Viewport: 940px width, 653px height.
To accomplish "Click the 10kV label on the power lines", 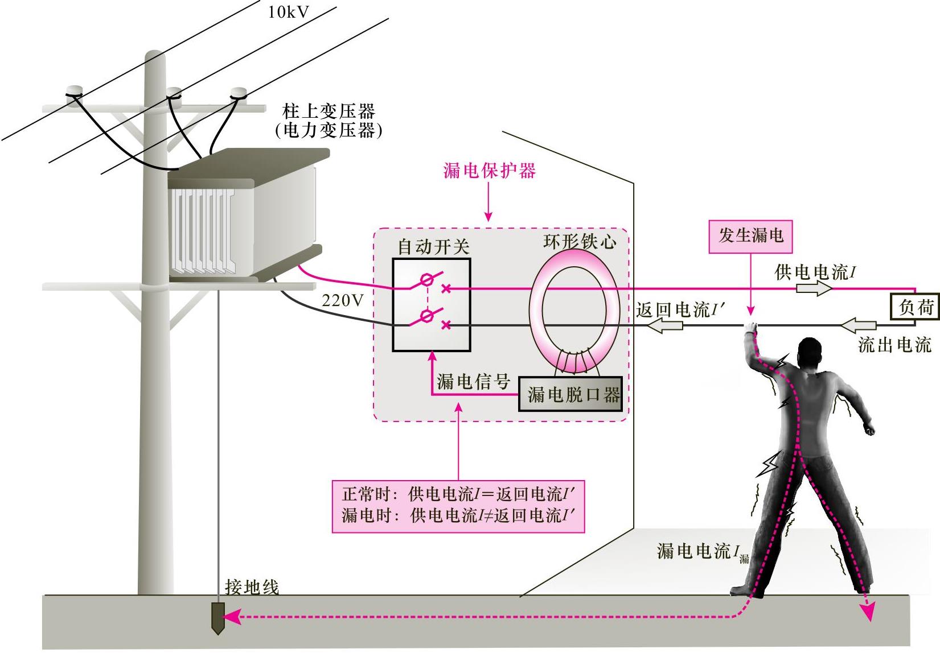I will (289, 12).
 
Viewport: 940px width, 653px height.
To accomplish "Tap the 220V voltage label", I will (342, 300).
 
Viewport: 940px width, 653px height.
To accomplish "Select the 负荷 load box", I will (915, 308).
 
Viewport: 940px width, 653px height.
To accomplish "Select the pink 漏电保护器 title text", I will (489, 171).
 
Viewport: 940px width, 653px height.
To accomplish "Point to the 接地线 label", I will (252, 587).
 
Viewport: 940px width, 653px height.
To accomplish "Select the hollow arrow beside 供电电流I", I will (814, 288).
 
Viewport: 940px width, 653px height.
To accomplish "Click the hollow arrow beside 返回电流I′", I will (666, 326).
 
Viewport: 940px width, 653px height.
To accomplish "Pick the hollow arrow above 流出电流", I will (858, 326).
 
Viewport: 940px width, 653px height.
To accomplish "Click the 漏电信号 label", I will (473, 381).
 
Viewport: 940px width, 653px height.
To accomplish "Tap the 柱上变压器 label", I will (329, 111).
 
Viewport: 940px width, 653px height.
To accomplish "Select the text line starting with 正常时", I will (459, 494).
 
